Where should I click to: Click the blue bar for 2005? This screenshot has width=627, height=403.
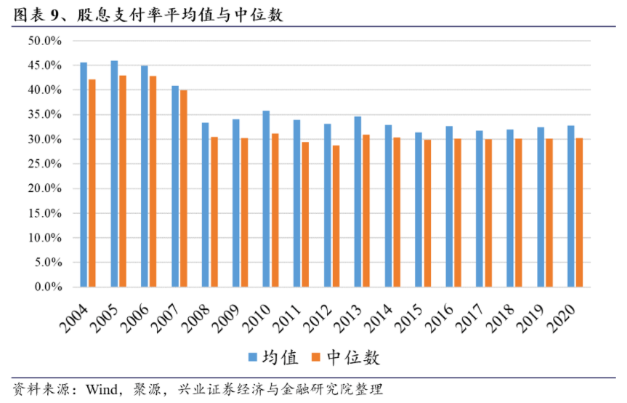pos(114,174)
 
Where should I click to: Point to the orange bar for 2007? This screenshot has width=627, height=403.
pos(183,188)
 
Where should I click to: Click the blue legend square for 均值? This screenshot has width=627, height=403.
pos(254,357)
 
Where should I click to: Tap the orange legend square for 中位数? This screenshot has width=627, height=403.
pos(315,357)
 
